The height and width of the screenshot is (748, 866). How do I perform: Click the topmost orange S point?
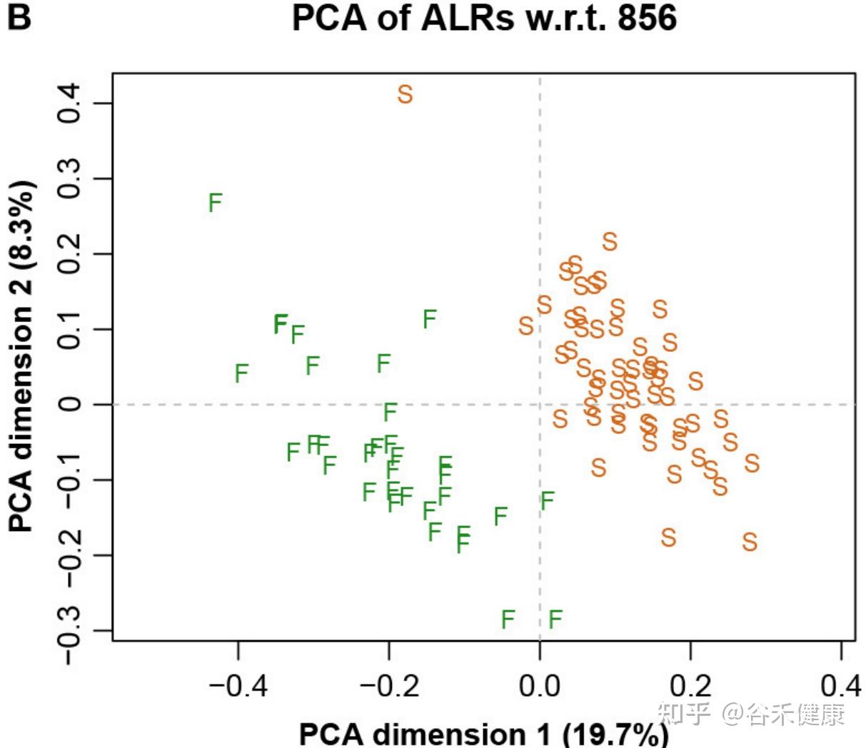pyautogui.click(x=405, y=94)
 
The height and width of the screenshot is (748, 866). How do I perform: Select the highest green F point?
pyautogui.click(x=215, y=203)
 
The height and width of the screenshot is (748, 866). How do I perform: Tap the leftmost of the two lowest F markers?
pyautogui.click(x=508, y=619)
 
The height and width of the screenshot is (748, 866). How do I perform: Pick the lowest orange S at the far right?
pyautogui.click(x=749, y=542)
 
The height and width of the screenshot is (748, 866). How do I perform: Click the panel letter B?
pyautogui.click(x=19, y=17)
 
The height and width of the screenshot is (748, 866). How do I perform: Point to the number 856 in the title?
pyautogui.click(x=647, y=19)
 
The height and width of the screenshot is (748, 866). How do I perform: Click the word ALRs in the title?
pyautogui.click(x=467, y=19)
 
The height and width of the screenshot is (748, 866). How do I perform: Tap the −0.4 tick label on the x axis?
pyautogui.click(x=238, y=686)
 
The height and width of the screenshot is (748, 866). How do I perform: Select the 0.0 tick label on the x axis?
pyautogui.click(x=540, y=686)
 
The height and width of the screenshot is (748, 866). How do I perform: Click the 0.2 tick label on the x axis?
pyautogui.click(x=690, y=686)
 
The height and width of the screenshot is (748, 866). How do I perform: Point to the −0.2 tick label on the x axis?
pyautogui.click(x=389, y=686)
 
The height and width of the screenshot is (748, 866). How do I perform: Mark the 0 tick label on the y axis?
pyautogui.click(x=69, y=404)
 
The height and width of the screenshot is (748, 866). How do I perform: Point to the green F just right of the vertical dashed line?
pyautogui.click(x=547, y=501)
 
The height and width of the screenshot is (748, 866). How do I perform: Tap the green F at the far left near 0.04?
pyautogui.click(x=241, y=373)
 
